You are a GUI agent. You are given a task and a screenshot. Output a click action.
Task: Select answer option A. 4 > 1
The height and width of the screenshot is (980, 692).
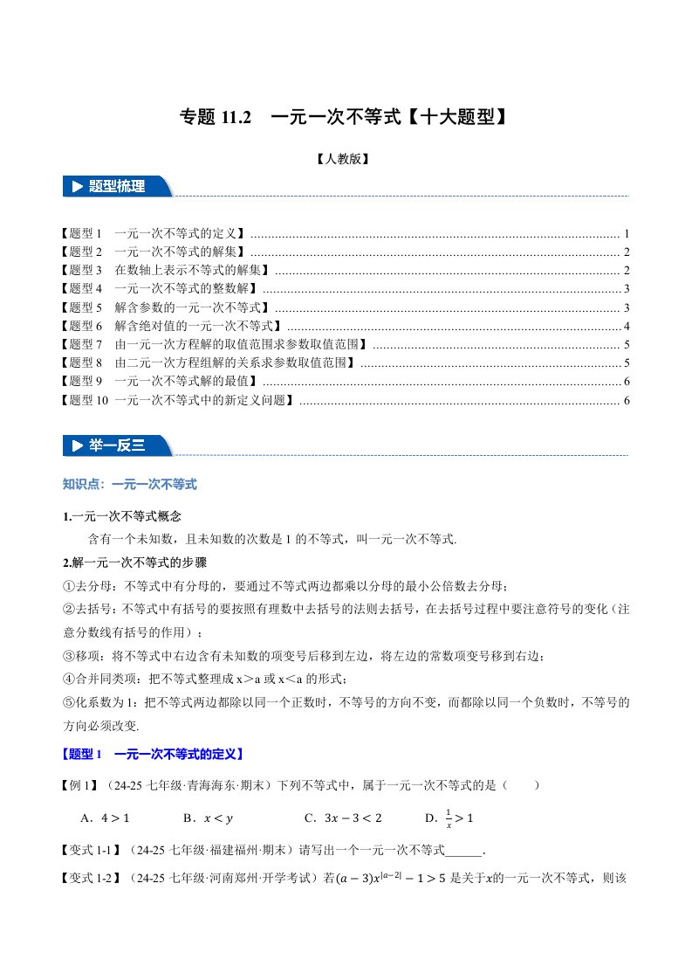tap(105, 818)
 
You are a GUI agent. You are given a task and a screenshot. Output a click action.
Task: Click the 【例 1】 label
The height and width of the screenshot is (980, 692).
tap(84, 786)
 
